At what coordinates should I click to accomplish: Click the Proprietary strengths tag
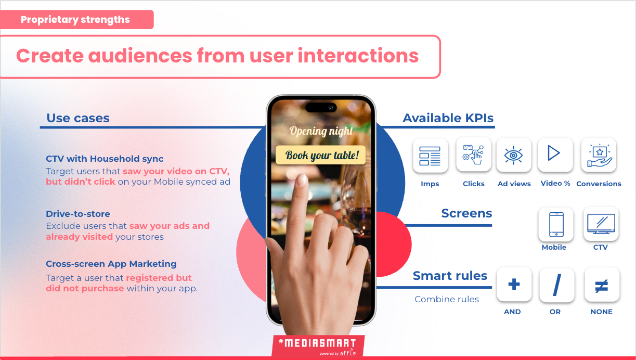(x=76, y=20)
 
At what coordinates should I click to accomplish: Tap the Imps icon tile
(x=430, y=156)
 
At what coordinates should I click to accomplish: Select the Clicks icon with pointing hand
(x=473, y=155)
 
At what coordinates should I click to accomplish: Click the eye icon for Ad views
(x=513, y=155)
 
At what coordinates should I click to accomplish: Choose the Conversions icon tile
(x=599, y=155)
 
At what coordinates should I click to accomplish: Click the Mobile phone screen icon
(x=556, y=224)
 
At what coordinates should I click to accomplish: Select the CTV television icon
(x=601, y=224)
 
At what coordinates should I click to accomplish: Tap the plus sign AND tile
(x=514, y=285)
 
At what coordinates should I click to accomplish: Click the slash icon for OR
(x=557, y=285)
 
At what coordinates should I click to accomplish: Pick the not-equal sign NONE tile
(x=602, y=285)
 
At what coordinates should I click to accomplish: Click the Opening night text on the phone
(x=321, y=131)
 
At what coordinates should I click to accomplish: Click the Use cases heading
(x=78, y=118)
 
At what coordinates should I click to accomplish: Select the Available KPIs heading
(x=448, y=118)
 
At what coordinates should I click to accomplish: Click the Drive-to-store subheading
(x=78, y=214)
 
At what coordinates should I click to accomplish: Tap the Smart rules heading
(x=450, y=276)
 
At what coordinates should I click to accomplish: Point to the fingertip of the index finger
(x=301, y=179)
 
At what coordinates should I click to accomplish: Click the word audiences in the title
(x=140, y=56)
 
